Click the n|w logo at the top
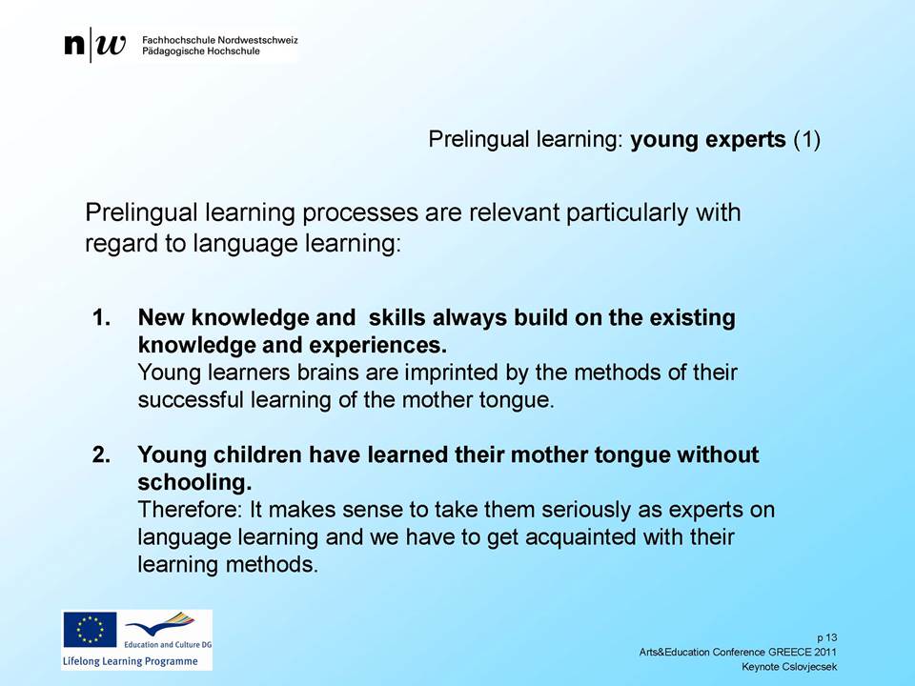(95, 45)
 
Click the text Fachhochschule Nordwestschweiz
(220, 40)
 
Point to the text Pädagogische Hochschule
(201, 51)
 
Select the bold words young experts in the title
(708, 140)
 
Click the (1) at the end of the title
(806, 140)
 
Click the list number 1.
(102, 318)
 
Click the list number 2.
(102, 455)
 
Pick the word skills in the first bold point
(396, 317)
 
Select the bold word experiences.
(377, 345)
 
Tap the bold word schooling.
(194, 482)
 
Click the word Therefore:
(190, 510)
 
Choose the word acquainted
(580, 537)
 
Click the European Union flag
(90, 630)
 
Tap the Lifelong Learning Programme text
(131, 661)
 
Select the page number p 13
(827, 637)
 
